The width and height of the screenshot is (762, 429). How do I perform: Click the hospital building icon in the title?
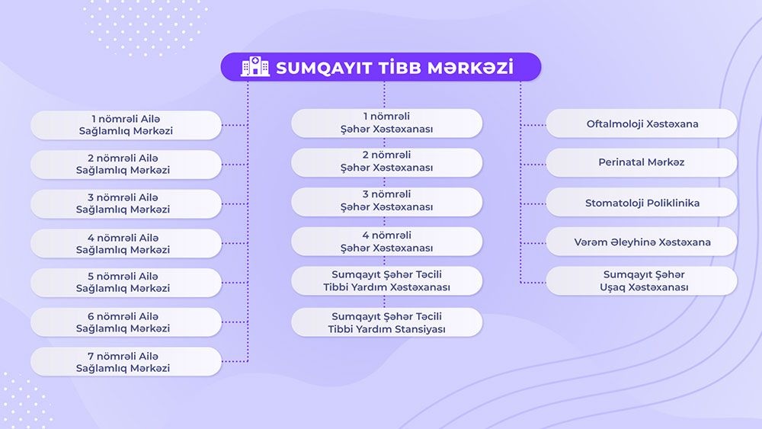pyautogui.click(x=255, y=66)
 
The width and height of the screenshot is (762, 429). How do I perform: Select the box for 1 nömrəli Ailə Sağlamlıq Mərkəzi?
pyautogui.click(x=126, y=126)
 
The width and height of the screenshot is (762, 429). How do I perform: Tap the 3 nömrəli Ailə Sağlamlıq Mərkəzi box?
pyautogui.click(x=126, y=204)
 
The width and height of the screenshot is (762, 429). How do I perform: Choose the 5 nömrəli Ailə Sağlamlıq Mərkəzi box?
pyautogui.click(x=126, y=283)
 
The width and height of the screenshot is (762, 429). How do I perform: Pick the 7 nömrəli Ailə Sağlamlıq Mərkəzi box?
pyautogui.click(x=126, y=361)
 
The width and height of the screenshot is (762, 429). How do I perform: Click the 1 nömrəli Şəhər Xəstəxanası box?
pyautogui.click(x=387, y=123)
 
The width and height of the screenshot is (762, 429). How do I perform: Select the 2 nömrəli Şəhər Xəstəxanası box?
pyautogui.click(x=387, y=162)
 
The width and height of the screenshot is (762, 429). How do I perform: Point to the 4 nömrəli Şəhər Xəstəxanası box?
pyautogui.click(x=387, y=242)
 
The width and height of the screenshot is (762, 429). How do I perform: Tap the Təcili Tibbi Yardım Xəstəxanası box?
pyautogui.click(x=387, y=281)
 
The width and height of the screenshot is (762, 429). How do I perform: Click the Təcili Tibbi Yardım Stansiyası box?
pyautogui.click(x=387, y=322)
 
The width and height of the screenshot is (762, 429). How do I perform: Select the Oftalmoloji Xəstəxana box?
pyautogui.click(x=642, y=123)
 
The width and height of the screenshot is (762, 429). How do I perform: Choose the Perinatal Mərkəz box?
pyautogui.click(x=642, y=162)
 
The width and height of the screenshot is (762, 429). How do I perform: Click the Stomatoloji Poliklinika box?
pyautogui.click(x=642, y=202)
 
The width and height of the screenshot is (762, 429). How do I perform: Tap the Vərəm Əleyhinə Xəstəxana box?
pyautogui.click(x=642, y=242)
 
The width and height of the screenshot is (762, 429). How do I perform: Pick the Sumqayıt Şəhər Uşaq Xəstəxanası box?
pyautogui.click(x=642, y=281)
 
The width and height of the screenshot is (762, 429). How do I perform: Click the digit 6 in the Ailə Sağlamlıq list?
pyautogui.click(x=91, y=316)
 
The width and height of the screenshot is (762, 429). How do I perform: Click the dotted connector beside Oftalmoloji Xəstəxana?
pyautogui.click(x=533, y=125)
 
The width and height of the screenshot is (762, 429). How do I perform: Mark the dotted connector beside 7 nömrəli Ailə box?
pyautogui.click(x=235, y=361)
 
